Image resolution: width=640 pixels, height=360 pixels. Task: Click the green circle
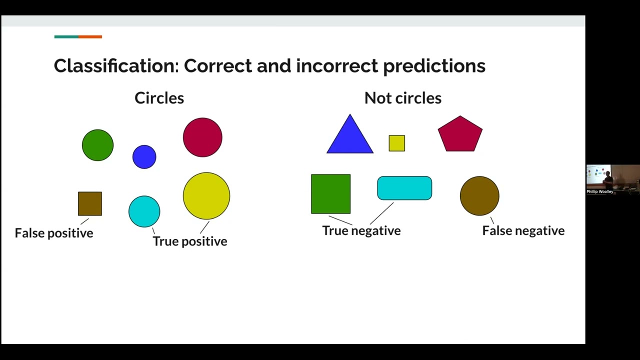tap(97, 145)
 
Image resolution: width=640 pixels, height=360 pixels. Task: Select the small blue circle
tap(144, 157)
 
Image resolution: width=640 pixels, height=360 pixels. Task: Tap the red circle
tap(202, 137)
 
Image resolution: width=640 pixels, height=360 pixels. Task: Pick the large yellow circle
tap(206, 196)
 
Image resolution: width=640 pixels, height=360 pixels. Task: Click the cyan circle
tap(144, 211)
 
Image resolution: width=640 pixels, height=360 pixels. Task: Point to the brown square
tap(90, 204)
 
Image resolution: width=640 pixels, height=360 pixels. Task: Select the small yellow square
tap(396, 143)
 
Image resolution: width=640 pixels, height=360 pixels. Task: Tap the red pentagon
tap(460, 134)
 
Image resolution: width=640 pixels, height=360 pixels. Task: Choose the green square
tap(330, 194)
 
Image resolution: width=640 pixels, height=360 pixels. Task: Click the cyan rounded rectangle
tap(404, 188)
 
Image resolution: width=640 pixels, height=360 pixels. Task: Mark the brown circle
tap(479, 196)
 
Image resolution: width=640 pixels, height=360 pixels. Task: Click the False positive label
tap(54, 233)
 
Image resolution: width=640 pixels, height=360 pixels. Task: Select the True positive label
tap(190, 241)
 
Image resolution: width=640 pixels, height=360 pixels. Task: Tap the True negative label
tap(361, 230)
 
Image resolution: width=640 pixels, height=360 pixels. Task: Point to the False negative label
tap(523, 230)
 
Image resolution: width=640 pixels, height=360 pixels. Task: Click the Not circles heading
tap(402, 98)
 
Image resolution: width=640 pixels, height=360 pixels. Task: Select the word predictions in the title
tap(434, 66)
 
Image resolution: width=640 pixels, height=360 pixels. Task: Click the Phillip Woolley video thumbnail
tap(612, 179)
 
